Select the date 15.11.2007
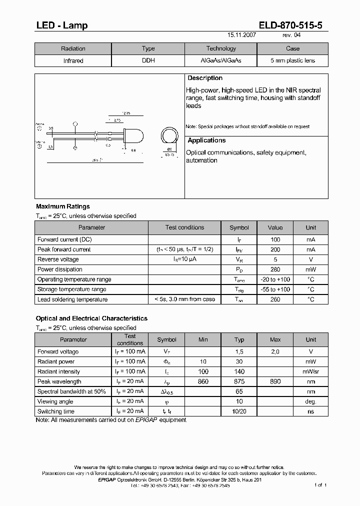(x=242, y=35)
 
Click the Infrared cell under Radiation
(x=73, y=60)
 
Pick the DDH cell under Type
(x=148, y=60)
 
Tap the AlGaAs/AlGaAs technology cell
(x=220, y=60)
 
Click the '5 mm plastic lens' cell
(x=292, y=60)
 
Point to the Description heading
(x=205, y=78)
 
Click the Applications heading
(x=206, y=140)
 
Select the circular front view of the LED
(x=169, y=136)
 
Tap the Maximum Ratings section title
(x=63, y=206)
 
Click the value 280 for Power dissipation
(x=275, y=269)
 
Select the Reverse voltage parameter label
(x=58, y=259)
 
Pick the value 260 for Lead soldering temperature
(x=275, y=299)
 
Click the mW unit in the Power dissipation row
(x=310, y=269)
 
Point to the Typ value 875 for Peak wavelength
(x=239, y=381)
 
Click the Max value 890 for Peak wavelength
(x=275, y=381)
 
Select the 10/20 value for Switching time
(x=239, y=411)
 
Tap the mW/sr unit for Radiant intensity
(x=310, y=371)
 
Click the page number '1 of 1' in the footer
(x=320, y=485)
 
